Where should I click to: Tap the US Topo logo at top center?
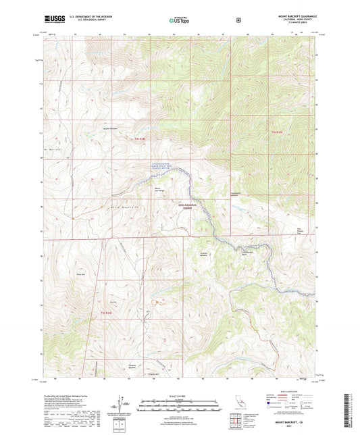click(x=179, y=20)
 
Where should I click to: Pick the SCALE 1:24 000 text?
click(x=179, y=395)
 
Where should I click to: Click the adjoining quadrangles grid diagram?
click(x=235, y=424)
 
